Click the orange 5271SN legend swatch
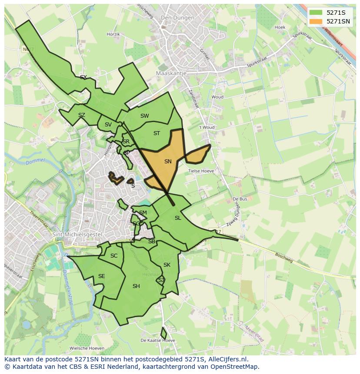316,21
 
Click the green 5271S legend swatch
316,12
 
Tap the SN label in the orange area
168,162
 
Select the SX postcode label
83,77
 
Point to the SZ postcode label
82,115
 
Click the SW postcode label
145,116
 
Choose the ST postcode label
157,133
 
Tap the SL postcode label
178,218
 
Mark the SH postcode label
136,286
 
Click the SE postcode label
101,276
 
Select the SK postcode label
167,265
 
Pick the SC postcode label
114,256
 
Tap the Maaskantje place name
171,73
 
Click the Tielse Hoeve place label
201,171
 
